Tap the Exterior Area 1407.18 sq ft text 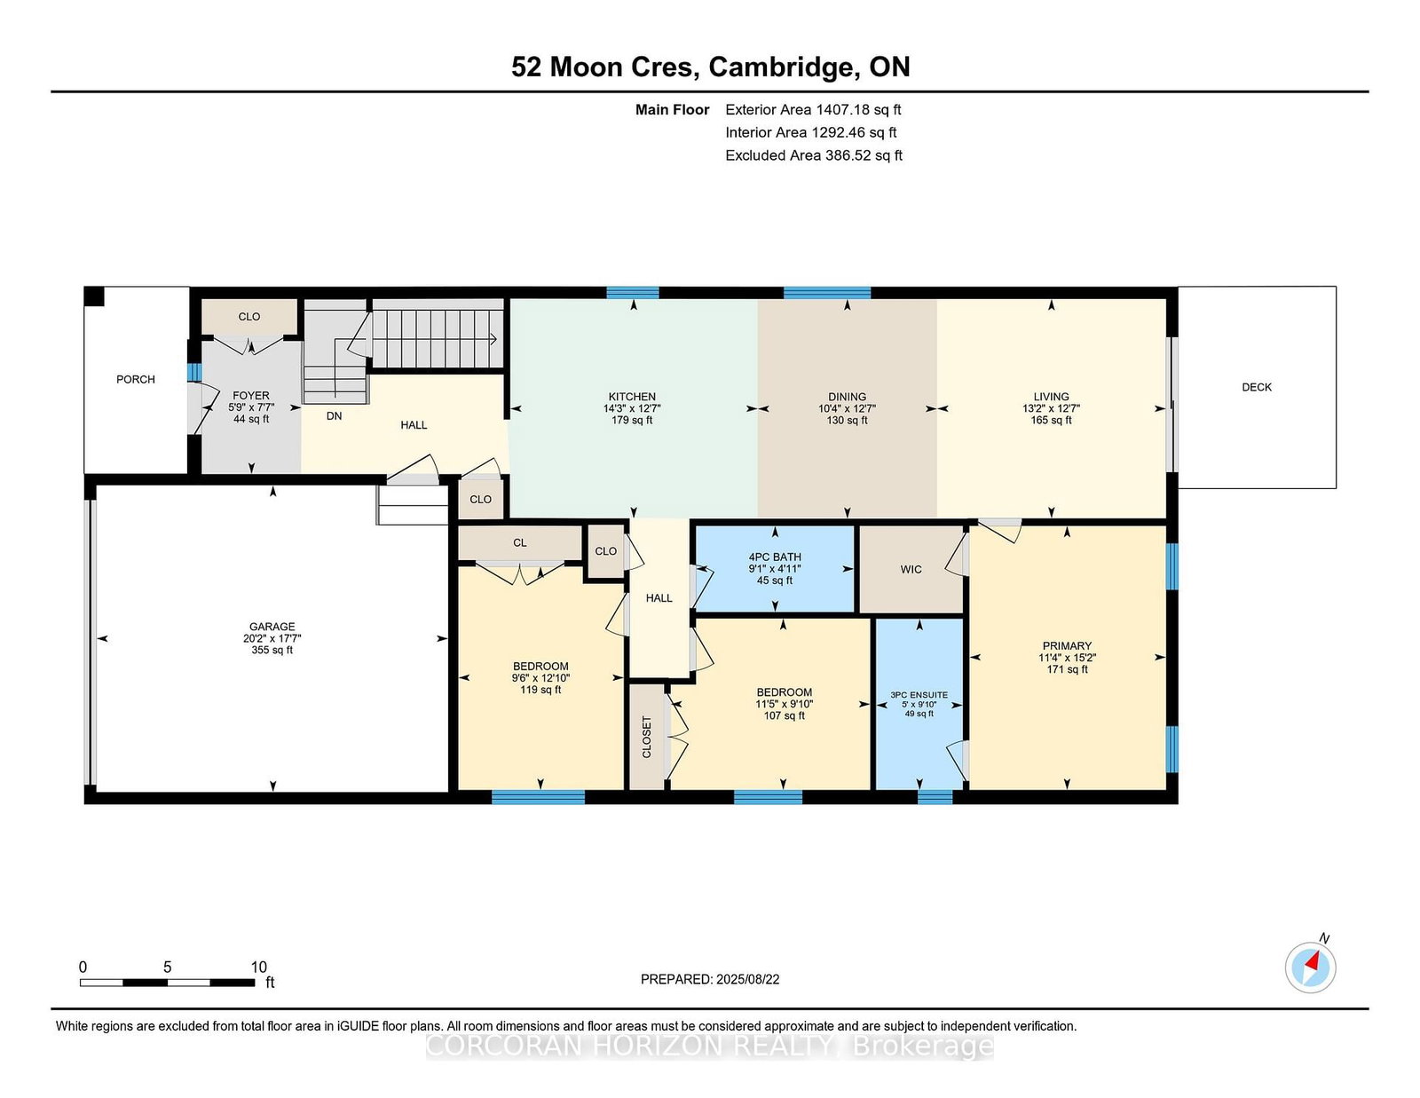click(813, 110)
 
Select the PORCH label click(136, 380)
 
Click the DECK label click(1257, 387)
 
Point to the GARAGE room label click(272, 627)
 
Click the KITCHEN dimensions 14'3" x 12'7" click(632, 409)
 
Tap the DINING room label click(847, 397)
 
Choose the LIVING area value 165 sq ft click(1051, 421)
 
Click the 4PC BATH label click(775, 557)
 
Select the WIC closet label click(911, 570)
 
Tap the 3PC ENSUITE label click(919, 695)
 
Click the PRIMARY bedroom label click(1067, 646)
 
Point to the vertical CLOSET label click(647, 738)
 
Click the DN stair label click(334, 416)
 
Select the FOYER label click(251, 396)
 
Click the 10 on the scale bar click(258, 968)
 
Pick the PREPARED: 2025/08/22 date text click(710, 979)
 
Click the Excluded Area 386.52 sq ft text click(814, 155)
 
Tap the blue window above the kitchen click(633, 292)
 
